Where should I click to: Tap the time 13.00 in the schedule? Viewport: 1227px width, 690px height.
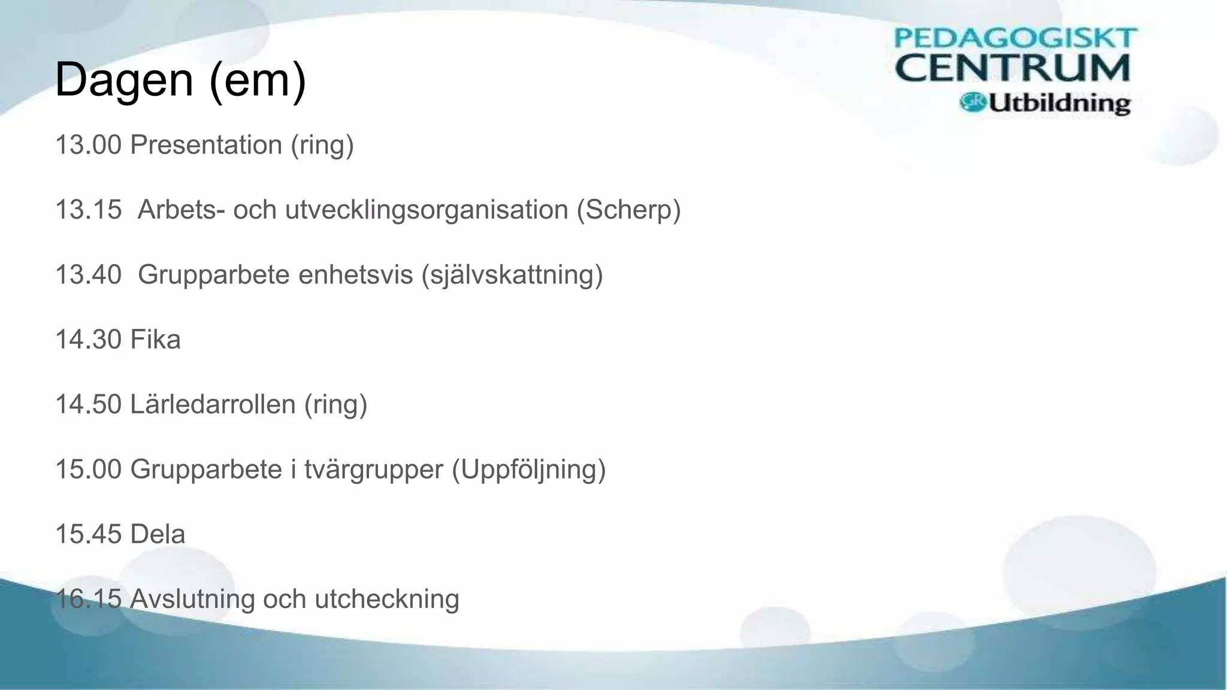89,145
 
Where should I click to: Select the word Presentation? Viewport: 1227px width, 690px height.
206,145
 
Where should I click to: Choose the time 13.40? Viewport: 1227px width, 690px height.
89,275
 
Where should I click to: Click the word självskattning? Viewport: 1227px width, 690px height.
512,275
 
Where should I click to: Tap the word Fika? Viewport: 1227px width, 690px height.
155,340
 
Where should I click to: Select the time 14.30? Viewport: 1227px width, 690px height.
89,340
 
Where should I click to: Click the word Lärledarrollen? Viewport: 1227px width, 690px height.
213,404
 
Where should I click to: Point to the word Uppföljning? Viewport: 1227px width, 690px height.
528,470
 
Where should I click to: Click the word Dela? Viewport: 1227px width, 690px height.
158,534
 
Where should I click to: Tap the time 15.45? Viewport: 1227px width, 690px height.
89,534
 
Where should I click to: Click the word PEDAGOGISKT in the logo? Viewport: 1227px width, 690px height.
1015,38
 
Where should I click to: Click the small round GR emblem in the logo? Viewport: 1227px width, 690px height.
972,102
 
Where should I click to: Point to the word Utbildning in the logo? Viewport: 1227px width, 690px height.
1059,104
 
